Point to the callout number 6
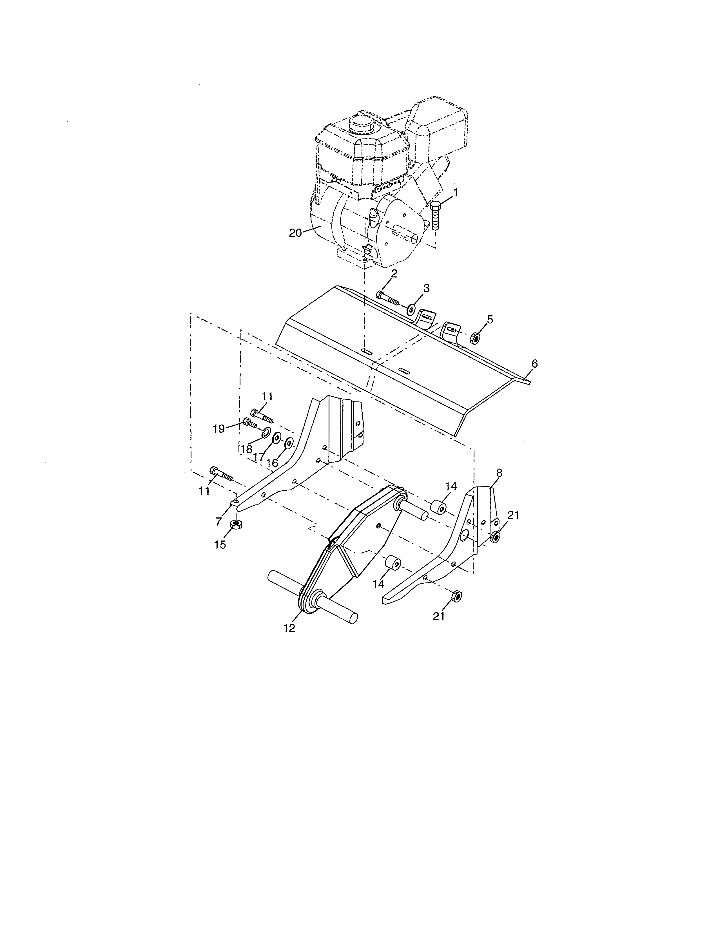[534, 364]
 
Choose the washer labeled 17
[277, 438]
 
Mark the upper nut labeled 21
[495, 537]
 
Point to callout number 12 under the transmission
[289, 640]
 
